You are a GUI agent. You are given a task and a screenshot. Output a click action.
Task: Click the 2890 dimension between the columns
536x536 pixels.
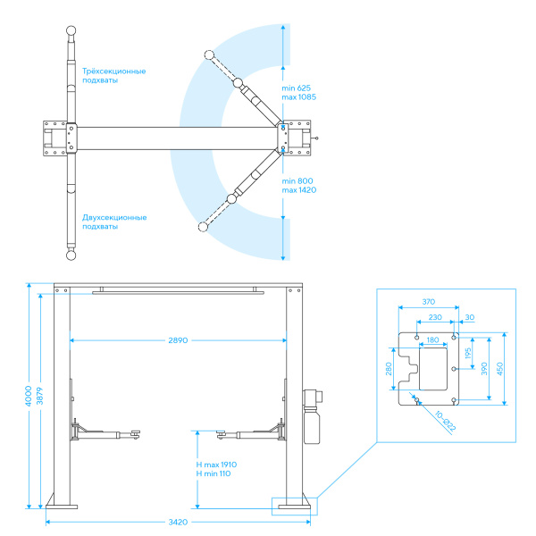[x=178, y=340]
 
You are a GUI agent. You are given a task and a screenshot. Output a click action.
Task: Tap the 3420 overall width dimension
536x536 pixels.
[x=178, y=522]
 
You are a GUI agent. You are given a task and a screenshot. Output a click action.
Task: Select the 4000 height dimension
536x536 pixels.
[x=29, y=396]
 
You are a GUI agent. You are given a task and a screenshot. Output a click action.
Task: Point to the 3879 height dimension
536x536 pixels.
[x=40, y=396]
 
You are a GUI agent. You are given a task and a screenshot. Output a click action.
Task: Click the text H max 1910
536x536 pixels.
[x=216, y=465]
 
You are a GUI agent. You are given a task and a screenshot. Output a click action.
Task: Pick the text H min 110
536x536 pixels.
[x=214, y=473]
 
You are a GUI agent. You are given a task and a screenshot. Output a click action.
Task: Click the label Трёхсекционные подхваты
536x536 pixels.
[x=113, y=76]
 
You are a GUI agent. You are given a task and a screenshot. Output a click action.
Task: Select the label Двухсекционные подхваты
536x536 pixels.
[x=114, y=222]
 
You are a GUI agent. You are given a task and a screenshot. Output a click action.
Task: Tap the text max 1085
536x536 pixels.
[x=298, y=97]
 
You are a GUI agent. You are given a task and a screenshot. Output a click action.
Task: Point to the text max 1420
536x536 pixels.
[x=298, y=190]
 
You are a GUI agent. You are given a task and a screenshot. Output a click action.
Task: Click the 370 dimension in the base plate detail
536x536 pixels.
[x=428, y=302]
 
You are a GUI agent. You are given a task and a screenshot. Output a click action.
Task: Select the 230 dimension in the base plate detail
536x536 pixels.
[x=435, y=317]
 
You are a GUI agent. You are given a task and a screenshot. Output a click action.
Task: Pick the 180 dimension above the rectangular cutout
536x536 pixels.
[x=432, y=340]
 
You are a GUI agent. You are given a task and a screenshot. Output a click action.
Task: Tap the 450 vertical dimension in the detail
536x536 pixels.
[x=499, y=369]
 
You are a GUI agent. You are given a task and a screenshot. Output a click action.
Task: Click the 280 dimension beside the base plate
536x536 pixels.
[x=389, y=369]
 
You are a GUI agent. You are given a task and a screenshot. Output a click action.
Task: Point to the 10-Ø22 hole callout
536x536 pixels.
[x=445, y=422]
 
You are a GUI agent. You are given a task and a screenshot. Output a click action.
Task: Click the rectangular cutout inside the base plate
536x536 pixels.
[x=433, y=369]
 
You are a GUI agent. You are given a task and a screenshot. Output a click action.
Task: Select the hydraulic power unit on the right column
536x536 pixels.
[x=312, y=416]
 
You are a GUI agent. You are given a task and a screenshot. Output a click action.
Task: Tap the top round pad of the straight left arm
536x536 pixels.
[x=71, y=30]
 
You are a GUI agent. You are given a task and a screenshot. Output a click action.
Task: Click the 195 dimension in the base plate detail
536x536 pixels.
[x=468, y=353]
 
